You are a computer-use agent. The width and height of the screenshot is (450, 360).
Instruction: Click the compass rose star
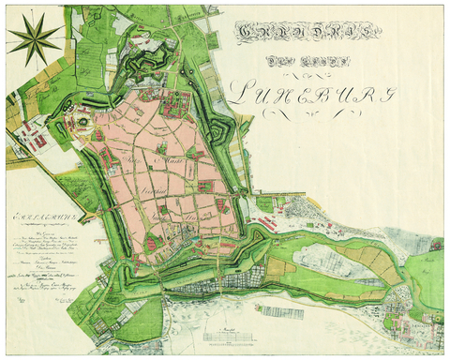click(34, 40)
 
